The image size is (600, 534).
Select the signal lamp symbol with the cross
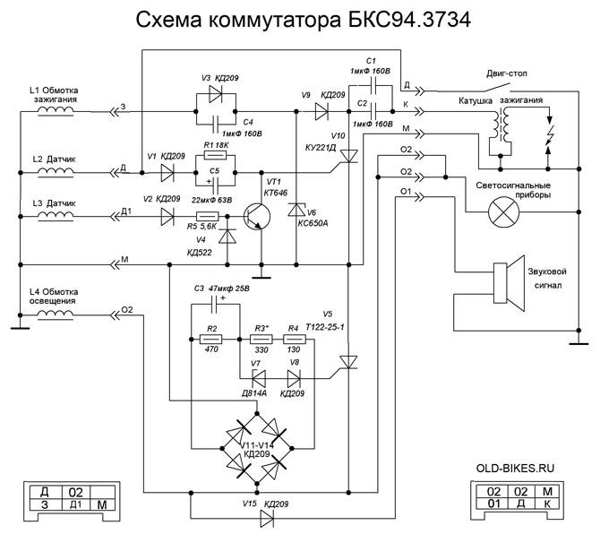[500, 215]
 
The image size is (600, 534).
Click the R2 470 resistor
[212, 340]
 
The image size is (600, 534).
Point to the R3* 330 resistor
[261, 340]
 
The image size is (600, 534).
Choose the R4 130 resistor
[293, 340]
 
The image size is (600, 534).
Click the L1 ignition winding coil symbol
[54, 109]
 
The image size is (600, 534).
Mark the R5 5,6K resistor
[208, 217]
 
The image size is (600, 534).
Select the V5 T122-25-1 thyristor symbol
[348, 362]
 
